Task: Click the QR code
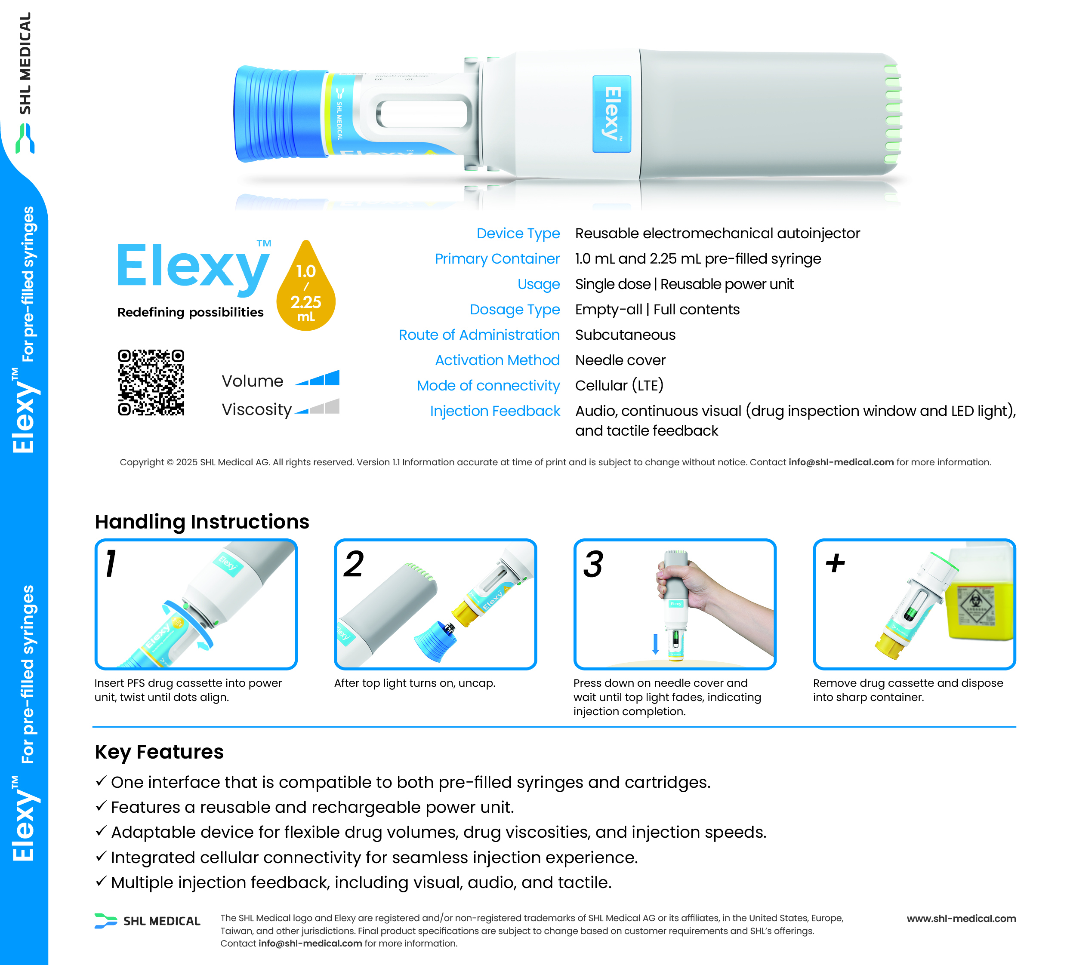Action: coord(151,382)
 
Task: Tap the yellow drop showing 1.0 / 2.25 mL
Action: coord(306,288)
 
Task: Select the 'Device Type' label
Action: coord(518,234)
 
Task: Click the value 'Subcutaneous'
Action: coord(625,335)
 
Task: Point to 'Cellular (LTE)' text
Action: coord(619,386)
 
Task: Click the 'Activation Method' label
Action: coord(497,360)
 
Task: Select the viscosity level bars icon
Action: coord(317,406)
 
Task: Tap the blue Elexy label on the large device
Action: coord(612,114)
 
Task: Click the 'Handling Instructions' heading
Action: coord(202,522)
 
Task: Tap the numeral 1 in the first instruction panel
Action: coord(110,564)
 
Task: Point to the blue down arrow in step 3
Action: coord(655,644)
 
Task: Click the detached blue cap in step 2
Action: coord(435,641)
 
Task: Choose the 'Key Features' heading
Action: coord(159,752)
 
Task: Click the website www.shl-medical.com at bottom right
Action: coord(961,919)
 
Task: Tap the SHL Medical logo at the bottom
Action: coord(148,921)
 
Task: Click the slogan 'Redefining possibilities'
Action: coord(191,313)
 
